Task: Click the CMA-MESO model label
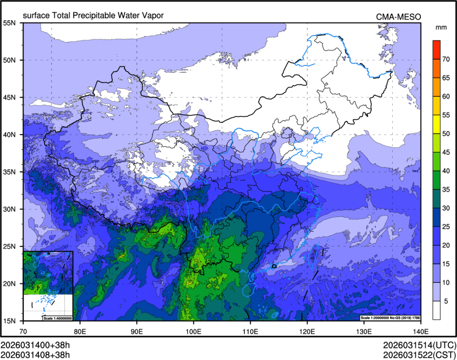(x=398, y=17)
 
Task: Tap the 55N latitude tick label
(x=10, y=23)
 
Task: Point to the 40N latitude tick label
(x=10, y=135)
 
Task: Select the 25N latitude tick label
(x=10, y=246)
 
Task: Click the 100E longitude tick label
(x=193, y=331)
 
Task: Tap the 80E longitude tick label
(x=80, y=331)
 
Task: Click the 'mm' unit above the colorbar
(x=441, y=27)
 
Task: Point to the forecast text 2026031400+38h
(x=35, y=344)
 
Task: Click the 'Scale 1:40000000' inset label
(x=57, y=318)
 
